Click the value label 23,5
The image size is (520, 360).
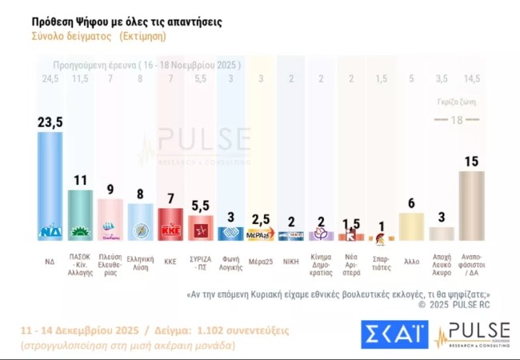click(x=50, y=122)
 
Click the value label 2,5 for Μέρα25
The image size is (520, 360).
click(x=260, y=219)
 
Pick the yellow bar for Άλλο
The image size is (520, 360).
click(x=410, y=226)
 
